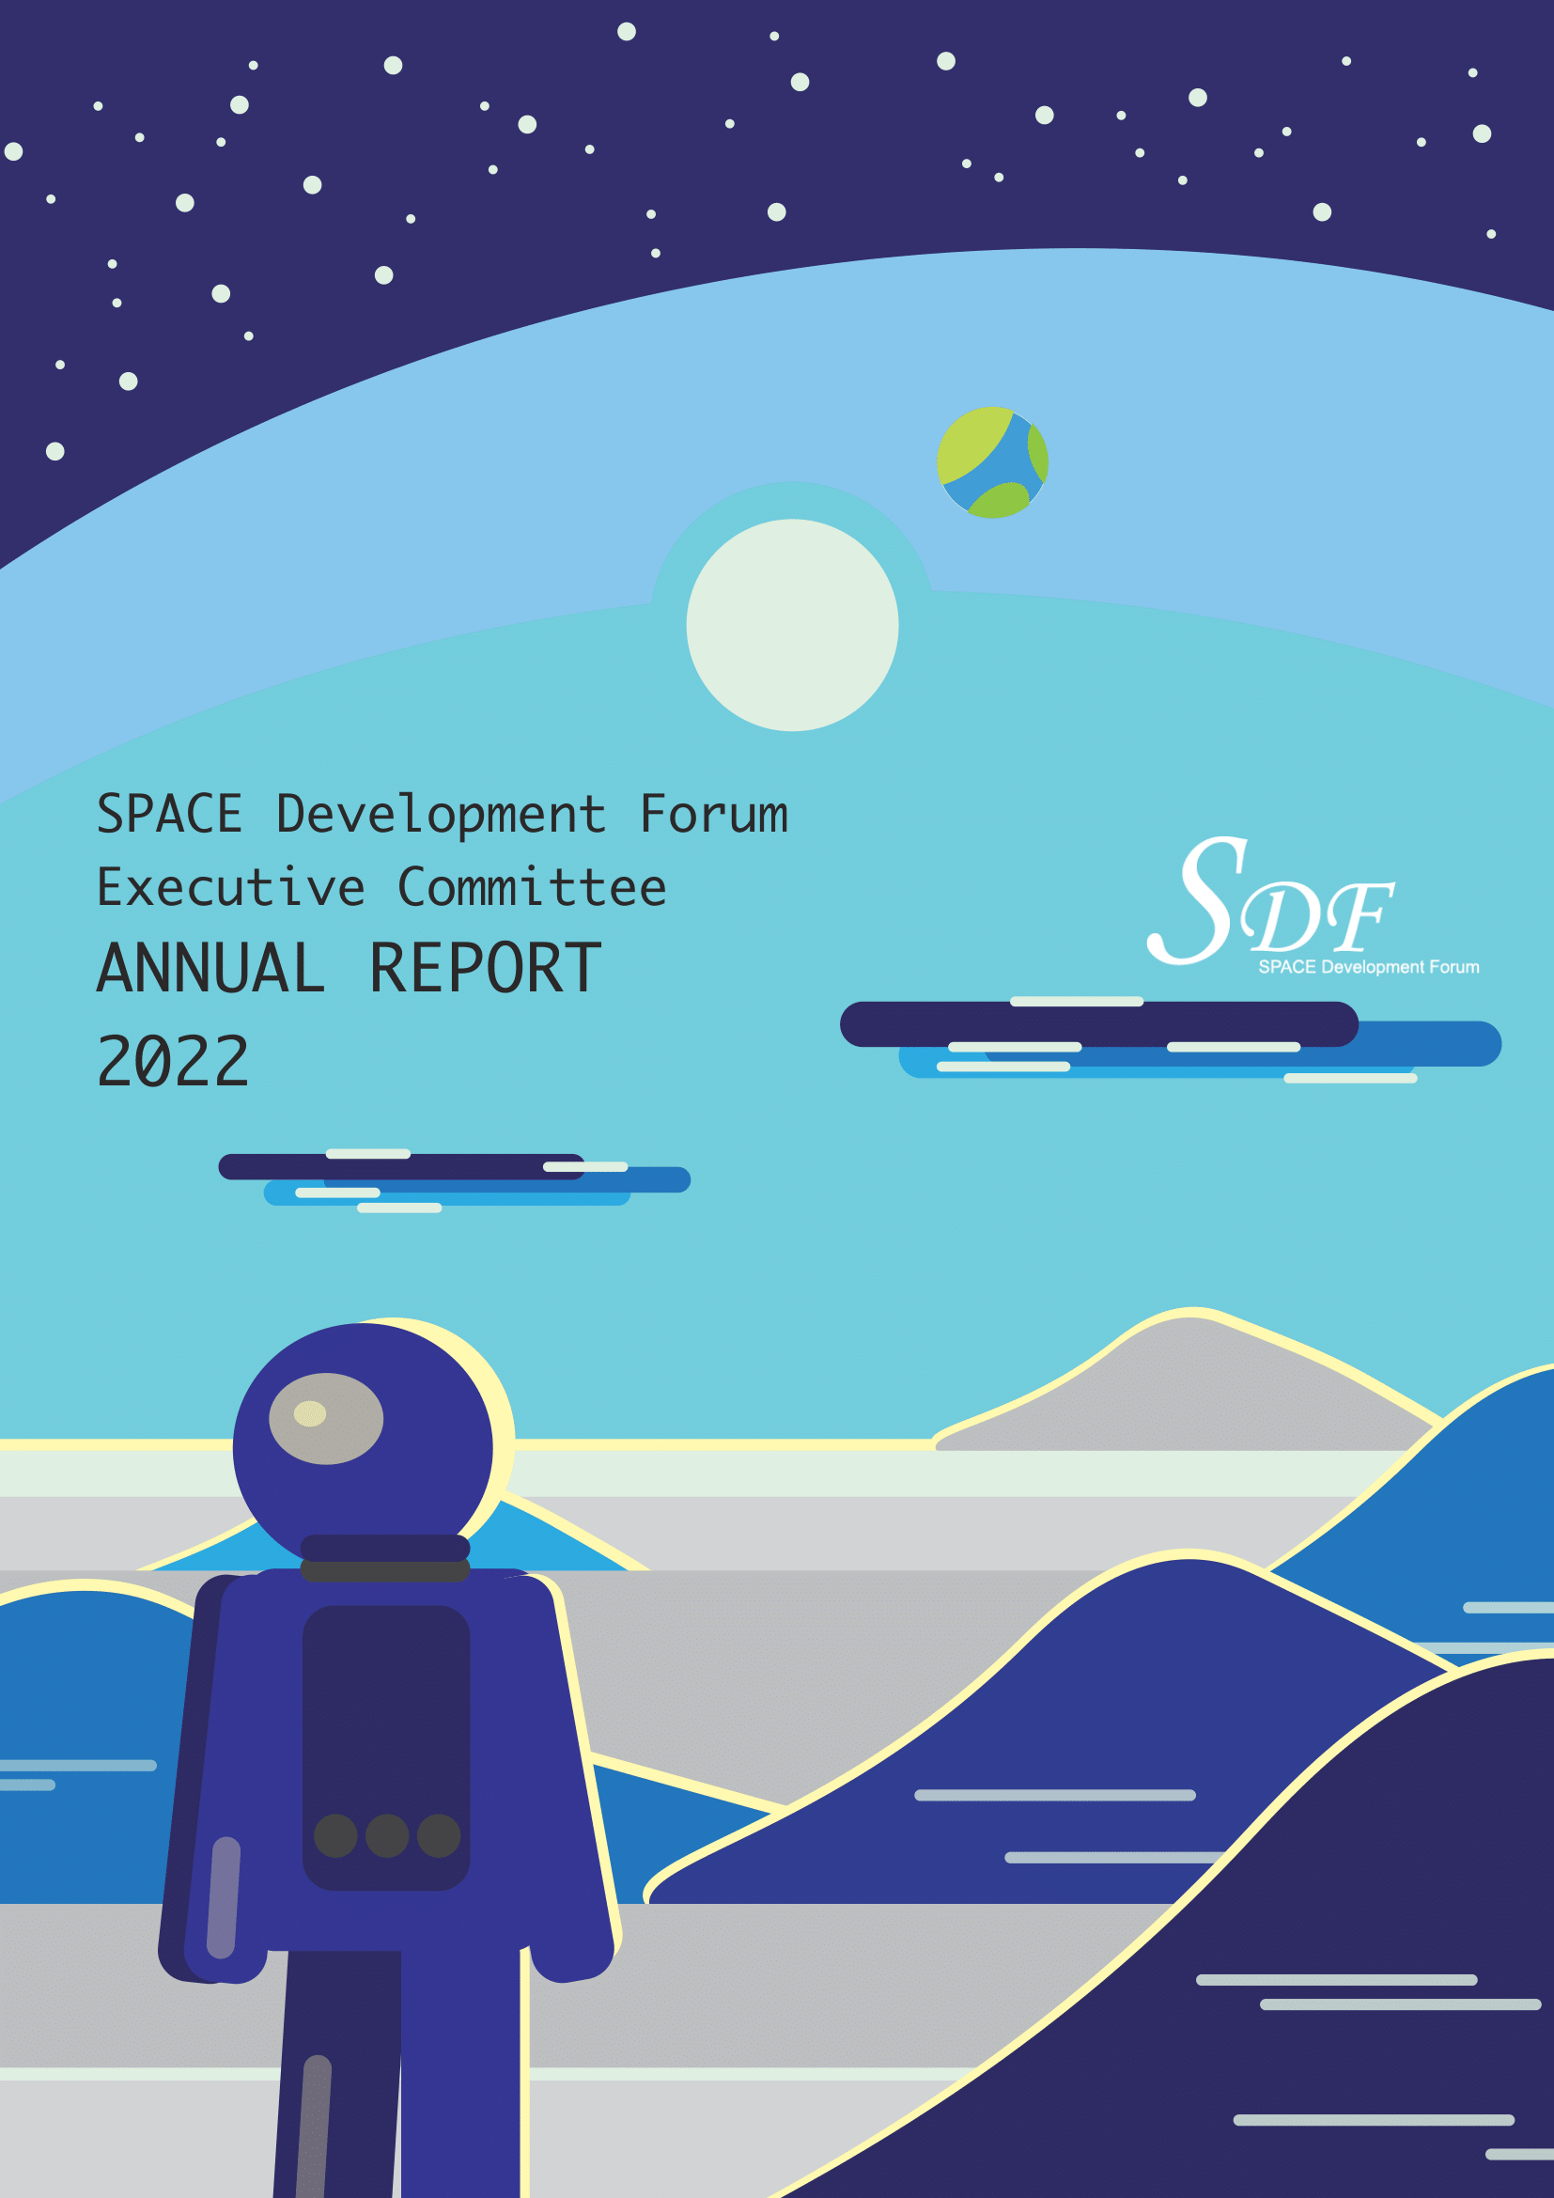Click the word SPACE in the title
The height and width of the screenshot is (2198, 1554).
(x=169, y=815)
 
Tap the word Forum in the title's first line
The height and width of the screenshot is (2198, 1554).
(x=714, y=815)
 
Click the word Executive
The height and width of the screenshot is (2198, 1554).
(x=230, y=887)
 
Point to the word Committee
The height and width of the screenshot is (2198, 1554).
(x=532, y=887)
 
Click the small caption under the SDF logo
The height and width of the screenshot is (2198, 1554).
(x=1368, y=967)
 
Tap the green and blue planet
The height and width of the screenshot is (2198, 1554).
(x=992, y=462)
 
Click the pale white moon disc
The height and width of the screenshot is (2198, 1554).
(x=792, y=625)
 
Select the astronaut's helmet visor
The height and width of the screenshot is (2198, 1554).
(x=326, y=1419)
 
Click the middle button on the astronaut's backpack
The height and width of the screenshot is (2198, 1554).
(x=387, y=1836)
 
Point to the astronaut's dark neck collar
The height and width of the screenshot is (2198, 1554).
(x=385, y=1558)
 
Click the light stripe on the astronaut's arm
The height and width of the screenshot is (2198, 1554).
(x=224, y=1897)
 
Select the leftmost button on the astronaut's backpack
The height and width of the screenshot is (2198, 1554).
(x=335, y=1836)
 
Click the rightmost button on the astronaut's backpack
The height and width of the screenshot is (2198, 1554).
(x=439, y=1836)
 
